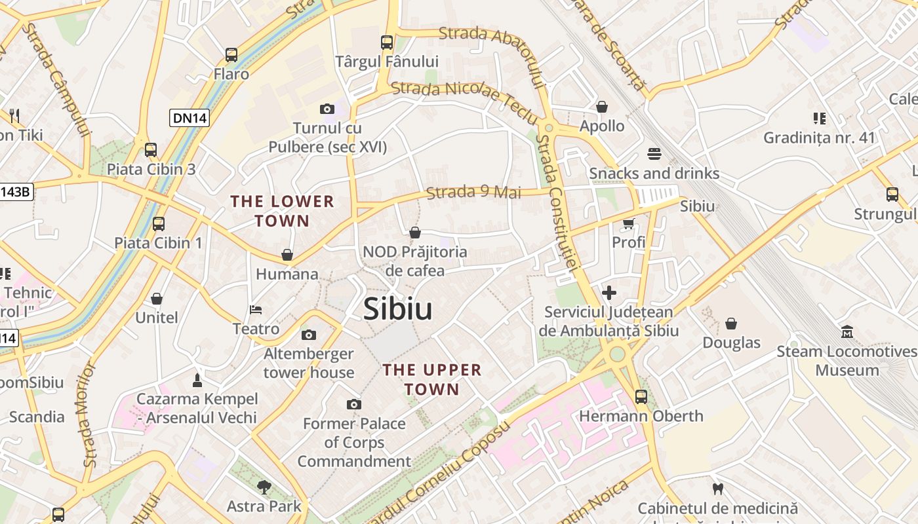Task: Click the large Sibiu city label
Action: (398, 309)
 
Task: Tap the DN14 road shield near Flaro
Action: (190, 118)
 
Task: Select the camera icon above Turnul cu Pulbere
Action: (327, 109)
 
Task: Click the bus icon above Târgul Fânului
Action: (387, 43)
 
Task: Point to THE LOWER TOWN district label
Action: (283, 211)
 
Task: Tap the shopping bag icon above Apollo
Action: (602, 107)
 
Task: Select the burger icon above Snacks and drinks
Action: (654, 154)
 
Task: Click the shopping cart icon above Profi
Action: (629, 223)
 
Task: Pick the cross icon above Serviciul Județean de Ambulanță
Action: (609, 293)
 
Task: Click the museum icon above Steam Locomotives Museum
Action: (847, 332)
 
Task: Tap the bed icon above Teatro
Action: (256, 309)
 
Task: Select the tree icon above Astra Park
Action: (264, 487)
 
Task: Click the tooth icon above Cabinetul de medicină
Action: (718, 489)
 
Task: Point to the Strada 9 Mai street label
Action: (473, 193)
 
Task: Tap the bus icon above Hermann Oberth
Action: (641, 396)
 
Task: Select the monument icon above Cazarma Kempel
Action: (197, 380)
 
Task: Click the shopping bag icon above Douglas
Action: (731, 324)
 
